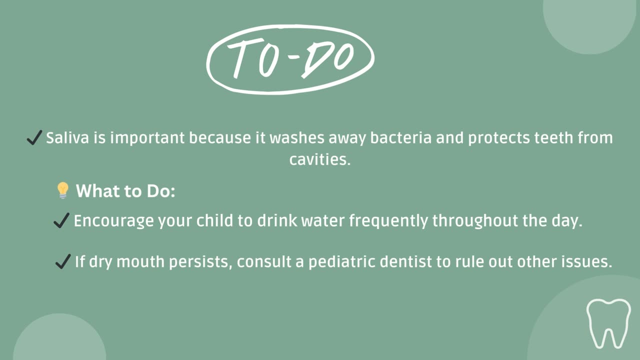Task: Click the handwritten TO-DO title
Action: (290, 59)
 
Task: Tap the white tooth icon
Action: (608, 323)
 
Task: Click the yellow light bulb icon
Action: (62, 190)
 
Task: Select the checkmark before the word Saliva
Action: (34, 138)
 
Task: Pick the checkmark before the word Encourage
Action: (61, 220)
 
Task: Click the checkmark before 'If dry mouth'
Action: (62, 261)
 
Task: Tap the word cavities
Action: (320, 160)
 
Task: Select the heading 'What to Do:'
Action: (125, 191)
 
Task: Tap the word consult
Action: (263, 261)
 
